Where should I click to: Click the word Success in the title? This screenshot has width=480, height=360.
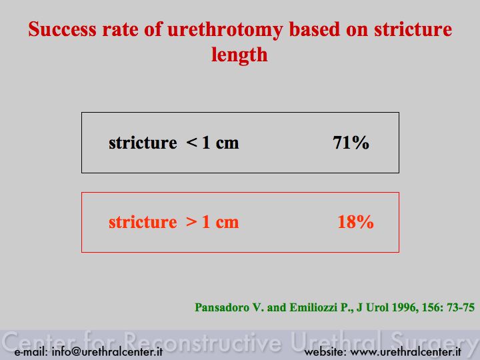pyautogui.click(x=62, y=29)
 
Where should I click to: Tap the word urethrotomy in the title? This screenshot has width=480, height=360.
pyautogui.click(x=225, y=31)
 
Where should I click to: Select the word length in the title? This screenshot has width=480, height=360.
pyautogui.click(x=239, y=55)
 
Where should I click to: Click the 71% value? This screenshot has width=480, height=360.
pyautogui.click(x=351, y=143)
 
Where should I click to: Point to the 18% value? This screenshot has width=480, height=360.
pyautogui.click(x=355, y=221)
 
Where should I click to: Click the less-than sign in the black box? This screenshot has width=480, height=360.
pyautogui.click(x=191, y=143)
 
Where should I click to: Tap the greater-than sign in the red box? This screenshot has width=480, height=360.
pyautogui.click(x=191, y=221)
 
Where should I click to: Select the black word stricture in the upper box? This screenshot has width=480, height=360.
pyautogui.click(x=143, y=143)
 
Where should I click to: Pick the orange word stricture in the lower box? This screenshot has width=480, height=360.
pyautogui.click(x=143, y=222)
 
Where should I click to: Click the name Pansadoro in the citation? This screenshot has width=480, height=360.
pyautogui.click(x=222, y=307)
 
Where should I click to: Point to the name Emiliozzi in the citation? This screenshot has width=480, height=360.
pyautogui.click(x=313, y=307)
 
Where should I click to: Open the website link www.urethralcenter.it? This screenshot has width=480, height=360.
pyautogui.click(x=405, y=352)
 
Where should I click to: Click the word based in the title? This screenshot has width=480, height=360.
pyautogui.click(x=315, y=29)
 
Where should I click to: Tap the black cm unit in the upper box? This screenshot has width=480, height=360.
pyautogui.click(x=227, y=143)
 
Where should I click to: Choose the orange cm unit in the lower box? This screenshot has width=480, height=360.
pyautogui.click(x=227, y=223)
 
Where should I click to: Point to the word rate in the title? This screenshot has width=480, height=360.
pyautogui.click(x=120, y=30)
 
